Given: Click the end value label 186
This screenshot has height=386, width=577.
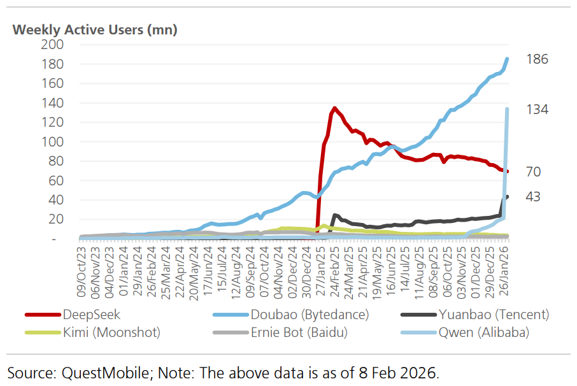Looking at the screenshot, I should click(538, 59).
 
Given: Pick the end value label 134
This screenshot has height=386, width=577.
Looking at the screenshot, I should click(538, 110).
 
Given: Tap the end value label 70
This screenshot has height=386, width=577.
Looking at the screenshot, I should click(534, 171).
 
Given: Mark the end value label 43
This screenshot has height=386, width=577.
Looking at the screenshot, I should click(533, 197).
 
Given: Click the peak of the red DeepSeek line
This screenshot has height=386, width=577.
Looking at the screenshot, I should click(334, 108).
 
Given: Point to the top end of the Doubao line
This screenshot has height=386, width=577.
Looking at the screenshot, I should click(507, 59).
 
